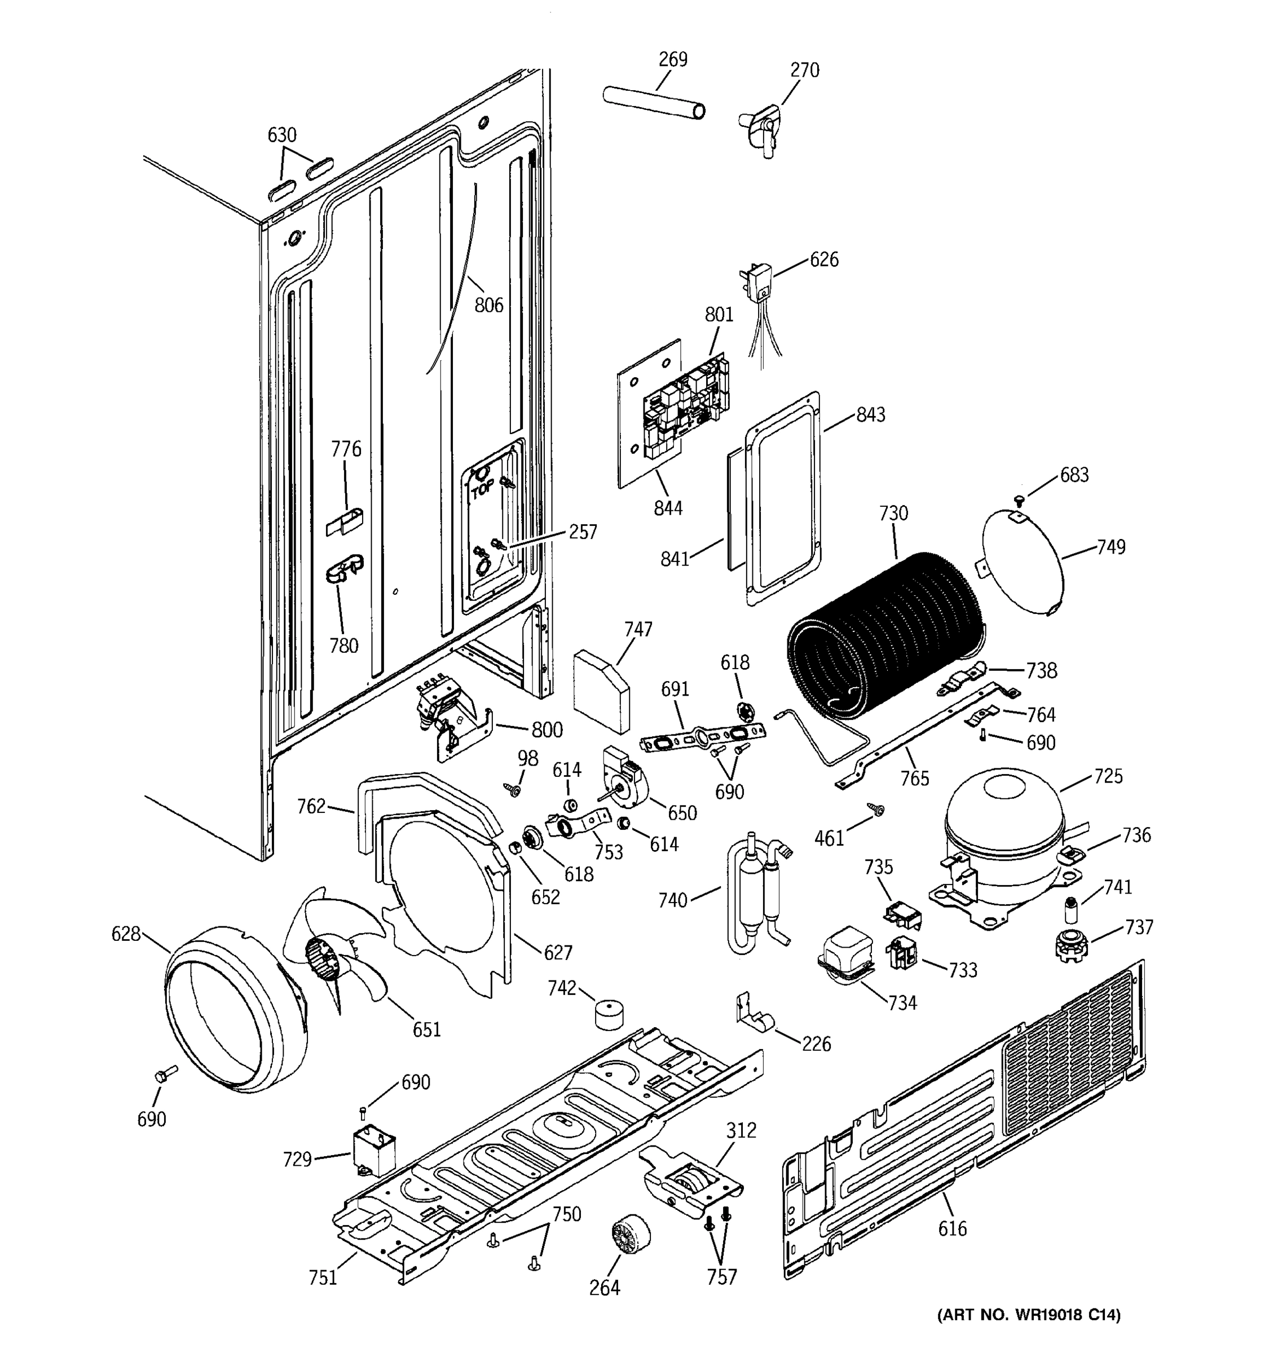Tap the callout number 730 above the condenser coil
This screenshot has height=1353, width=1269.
coord(893,513)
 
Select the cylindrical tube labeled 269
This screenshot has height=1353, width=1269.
coord(654,103)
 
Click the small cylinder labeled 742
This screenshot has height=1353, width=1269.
coord(611,1015)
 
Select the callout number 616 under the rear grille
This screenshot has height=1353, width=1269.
coord(952,1228)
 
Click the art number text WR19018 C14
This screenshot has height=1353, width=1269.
coord(1028,1334)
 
